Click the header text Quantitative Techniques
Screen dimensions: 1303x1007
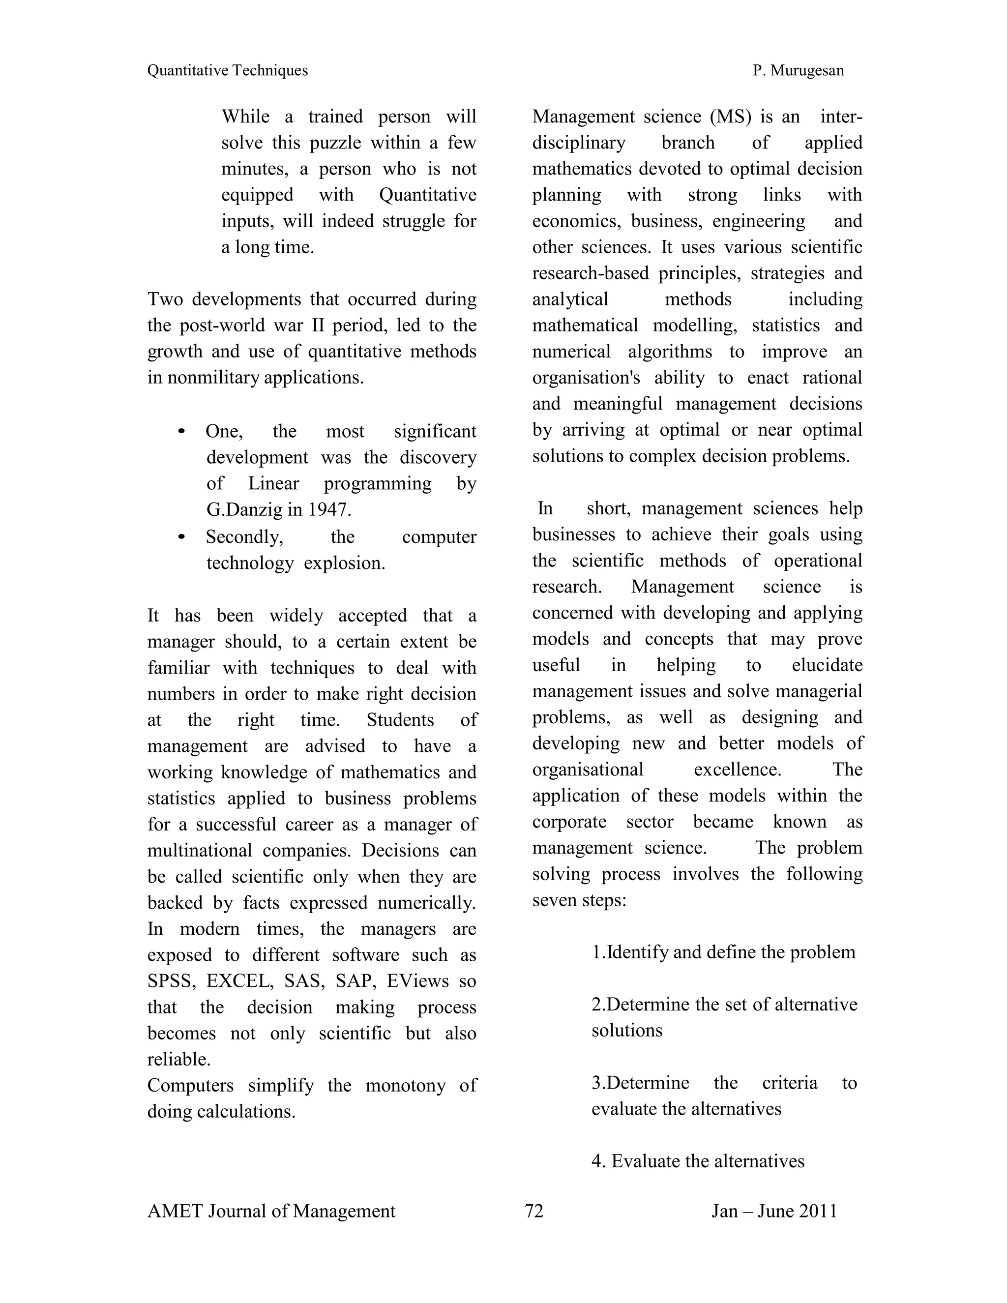point(227,70)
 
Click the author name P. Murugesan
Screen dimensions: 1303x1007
point(798,70)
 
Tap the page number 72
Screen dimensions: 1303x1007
point(534,1211)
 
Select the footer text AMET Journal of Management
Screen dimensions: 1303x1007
point(271,1211)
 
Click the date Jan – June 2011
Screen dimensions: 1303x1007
point(774,1211)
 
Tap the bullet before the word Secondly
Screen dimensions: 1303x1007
point(182,537)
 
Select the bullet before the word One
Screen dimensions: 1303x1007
point(182,431)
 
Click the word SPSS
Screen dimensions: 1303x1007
point(171,981)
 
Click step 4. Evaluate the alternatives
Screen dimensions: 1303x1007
point(698,1161)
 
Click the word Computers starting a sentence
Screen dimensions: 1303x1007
point(190,1085)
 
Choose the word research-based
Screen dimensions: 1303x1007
point(590,273)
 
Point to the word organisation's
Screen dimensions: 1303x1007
point(586,378)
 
